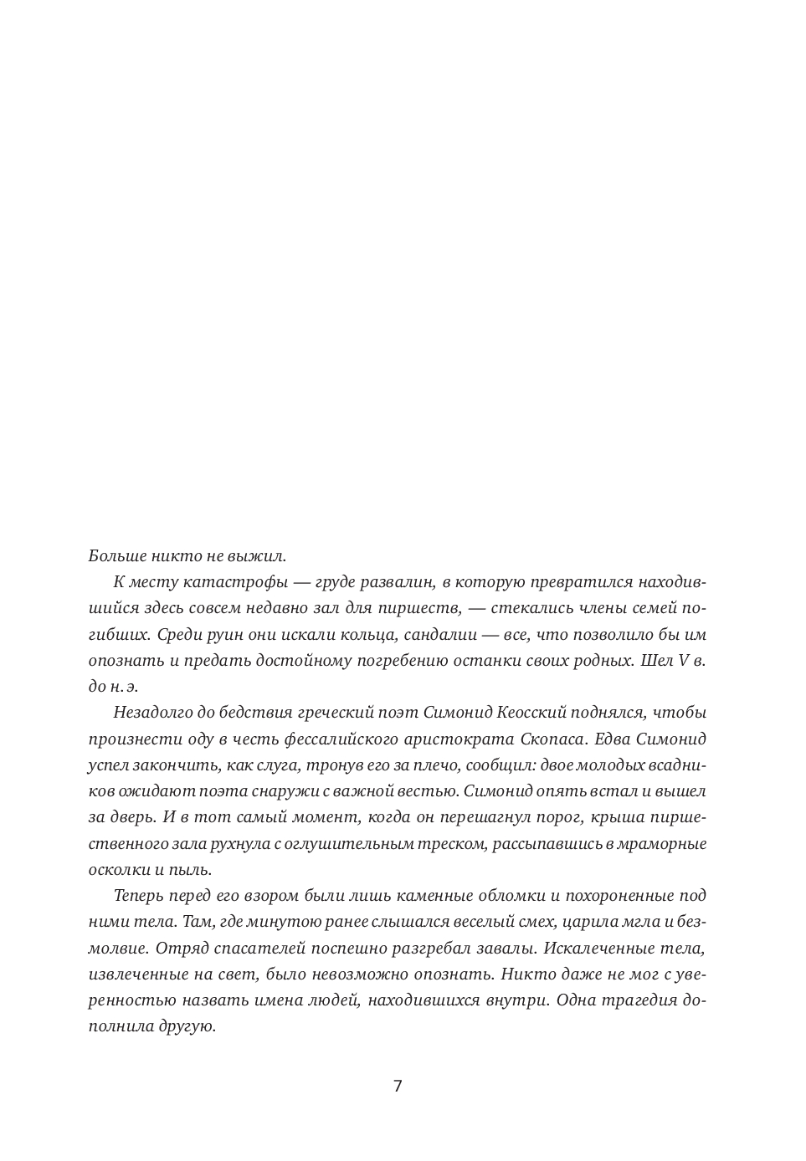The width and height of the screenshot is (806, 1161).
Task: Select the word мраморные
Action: pos(665,843)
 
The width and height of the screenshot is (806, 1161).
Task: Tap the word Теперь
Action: pos(138,895)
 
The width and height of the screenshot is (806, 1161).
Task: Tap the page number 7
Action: pos(398,1087)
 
